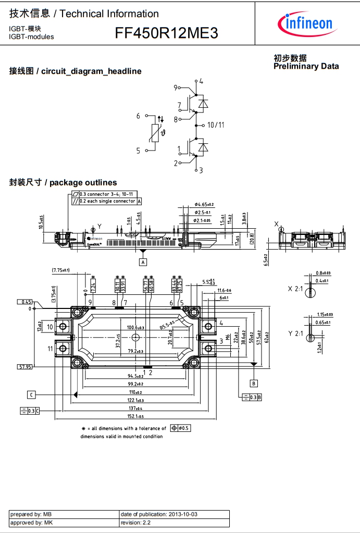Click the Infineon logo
click(x=307, y=23)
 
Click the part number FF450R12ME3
click(x=167, y=34)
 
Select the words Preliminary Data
click(x=306, y=66)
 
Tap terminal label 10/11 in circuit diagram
click(x=216, y=125)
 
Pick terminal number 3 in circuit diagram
click(x=201, y=170)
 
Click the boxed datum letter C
click(x=32, y=394)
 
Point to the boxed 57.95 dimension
click(x=26, y=367)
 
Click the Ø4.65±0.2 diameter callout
click(x=204, y=205)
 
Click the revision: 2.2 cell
click(x=174, y=523)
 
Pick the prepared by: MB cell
click(x=64, y=514)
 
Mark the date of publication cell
click(x=174, y=514)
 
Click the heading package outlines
click(x=63, y=182)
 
